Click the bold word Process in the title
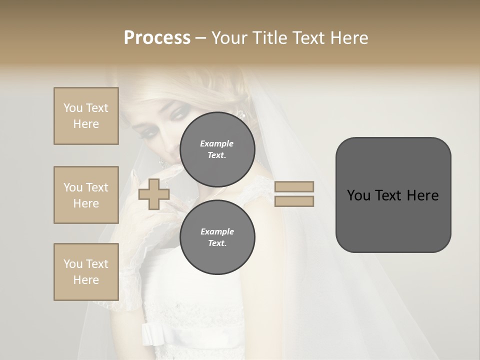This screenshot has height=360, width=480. pyautogui.click(x=157, y=38)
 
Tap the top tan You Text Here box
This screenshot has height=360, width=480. pyautogui.click(x=86, y=116)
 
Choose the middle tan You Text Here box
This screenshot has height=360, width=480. pyautogui.click(x=86, y=195)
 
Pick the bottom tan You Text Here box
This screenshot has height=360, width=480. pyautogui.click(x=86, y=272)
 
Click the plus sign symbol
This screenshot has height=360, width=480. pyautogui.click(x=154, y=194)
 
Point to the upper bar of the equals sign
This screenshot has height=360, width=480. pyautogui.click(x=294, y=186)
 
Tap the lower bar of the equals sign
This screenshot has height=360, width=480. pyautogui.click(x=294, y=201)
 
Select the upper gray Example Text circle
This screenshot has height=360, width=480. pyautogui.click(x=217, y=149)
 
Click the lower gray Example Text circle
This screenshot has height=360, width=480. pyautogui.click(x=217, y=237)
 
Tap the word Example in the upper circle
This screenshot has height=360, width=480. pyautogui.click(x=217, y=143)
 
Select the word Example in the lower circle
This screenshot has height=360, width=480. pyautogui.click(x=217, y=231)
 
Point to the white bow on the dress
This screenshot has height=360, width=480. pyautogui.click(x=149, y=333)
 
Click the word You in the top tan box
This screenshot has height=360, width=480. pyautogui.click(x=72, y=108)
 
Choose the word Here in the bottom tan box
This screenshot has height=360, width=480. pyautogui.click(x=86, y=280)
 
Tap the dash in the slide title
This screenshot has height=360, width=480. pyautogui.click(x=200, y=38)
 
